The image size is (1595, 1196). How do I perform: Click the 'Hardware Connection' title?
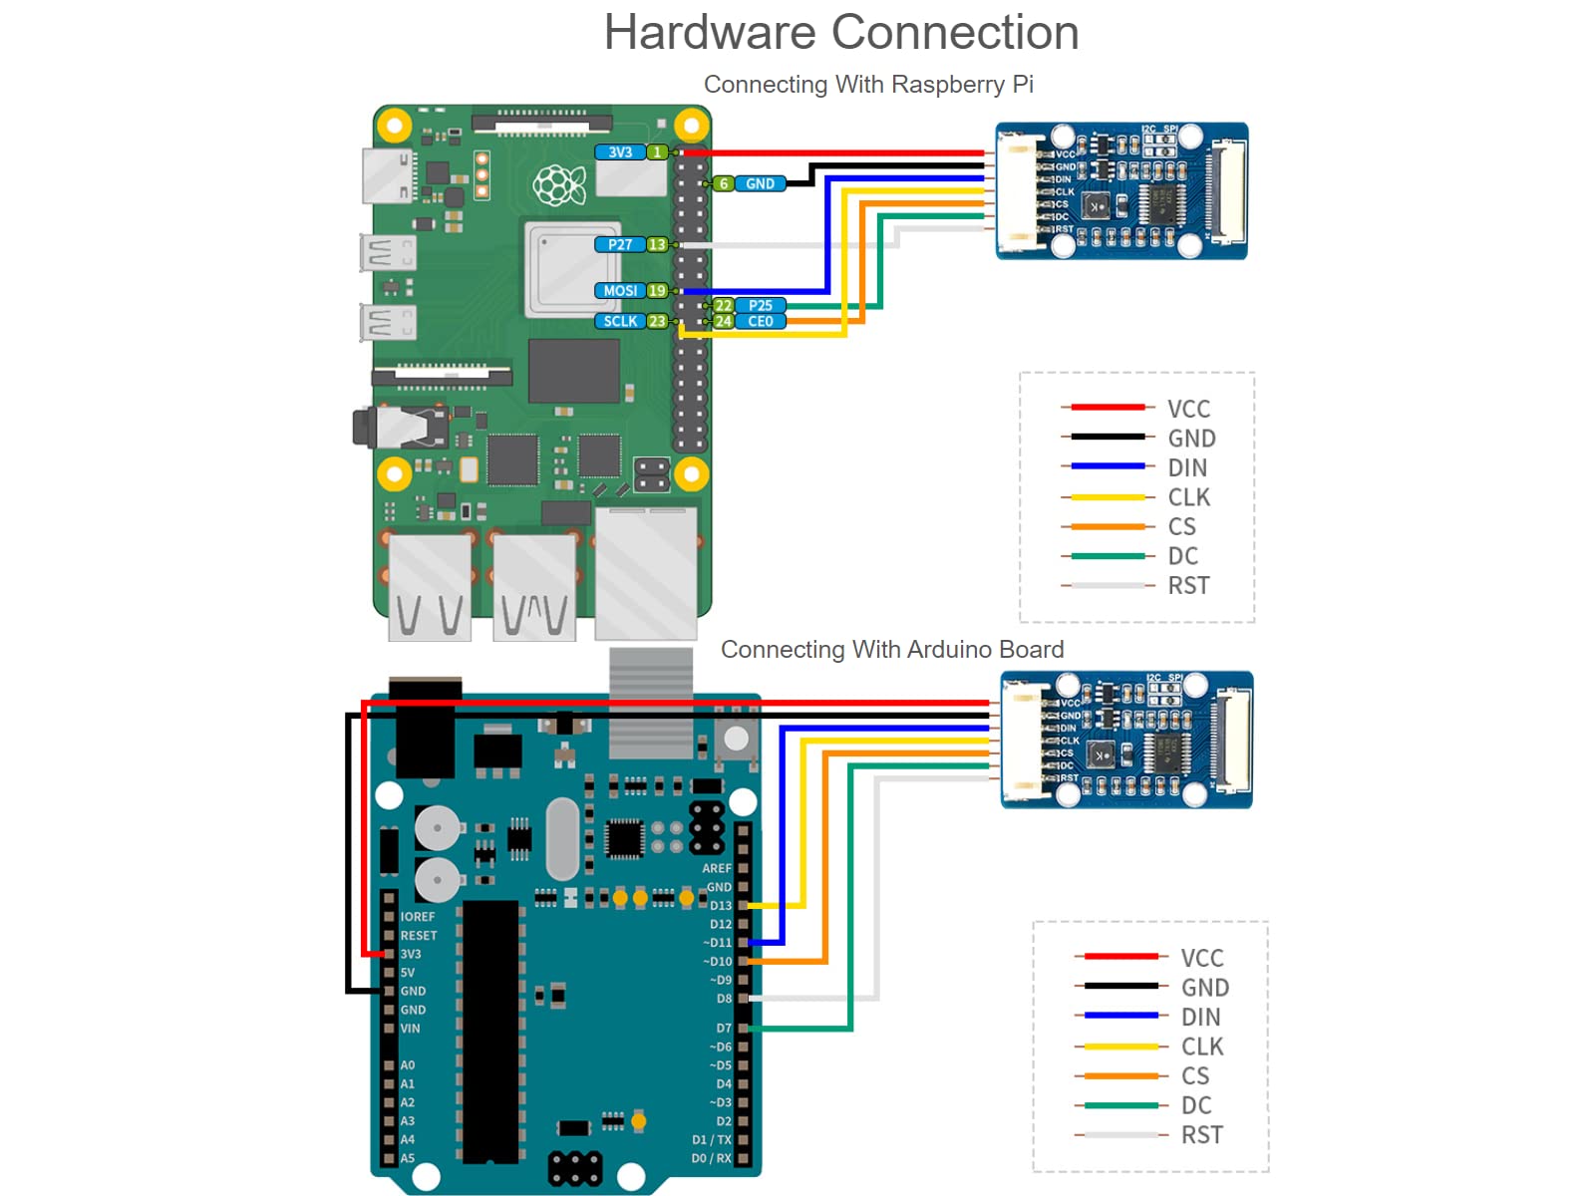(840, 33)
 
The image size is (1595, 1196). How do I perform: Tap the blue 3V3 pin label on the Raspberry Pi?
(620, 152)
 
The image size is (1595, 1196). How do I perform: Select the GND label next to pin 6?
(760, 183)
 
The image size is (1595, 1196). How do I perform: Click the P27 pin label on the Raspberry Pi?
(620, 244)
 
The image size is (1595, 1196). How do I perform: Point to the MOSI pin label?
(620, 291)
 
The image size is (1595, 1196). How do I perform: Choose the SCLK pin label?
(620, 321)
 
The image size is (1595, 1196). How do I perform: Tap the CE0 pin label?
(761, 321)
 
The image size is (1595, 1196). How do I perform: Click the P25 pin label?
(761, 305)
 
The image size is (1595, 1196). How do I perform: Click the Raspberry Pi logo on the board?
(558, 185)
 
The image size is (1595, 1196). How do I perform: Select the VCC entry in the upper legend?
(1188, 409)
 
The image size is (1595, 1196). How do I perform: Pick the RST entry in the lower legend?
(1201, 1134)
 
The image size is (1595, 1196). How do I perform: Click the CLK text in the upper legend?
(1188, 497)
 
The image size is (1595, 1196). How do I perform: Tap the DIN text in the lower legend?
(1200, 1017)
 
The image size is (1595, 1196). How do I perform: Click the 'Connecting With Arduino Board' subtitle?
(892, 650)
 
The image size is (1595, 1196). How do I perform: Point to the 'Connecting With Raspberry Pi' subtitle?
(868, 85)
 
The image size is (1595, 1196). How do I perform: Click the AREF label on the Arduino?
(717, 868)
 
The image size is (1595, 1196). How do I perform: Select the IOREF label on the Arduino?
(418, 916)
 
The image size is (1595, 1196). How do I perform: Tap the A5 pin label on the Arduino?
(407, 1158)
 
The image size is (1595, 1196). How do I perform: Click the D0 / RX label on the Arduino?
(711, 1158)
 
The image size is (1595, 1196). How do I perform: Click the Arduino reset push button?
(736, 739)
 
